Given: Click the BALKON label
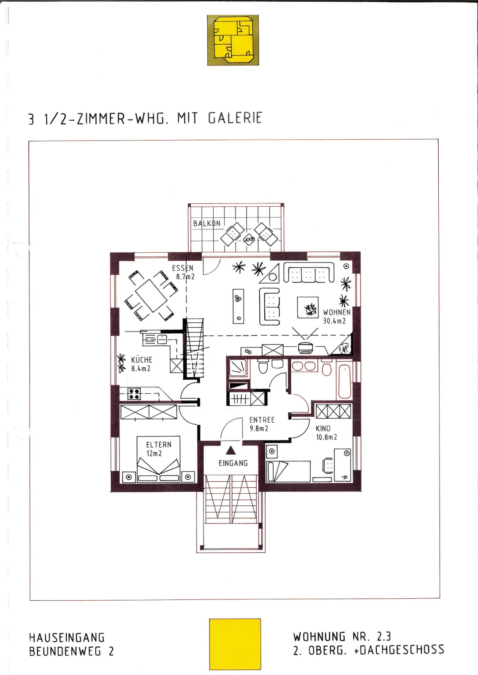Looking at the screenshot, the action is click(x=206, y=224).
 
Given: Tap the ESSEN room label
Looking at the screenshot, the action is click(x=183, y=268).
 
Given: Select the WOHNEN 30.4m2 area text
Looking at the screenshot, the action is click(x=336, y=316).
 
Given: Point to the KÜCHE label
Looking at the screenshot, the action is click(x=141, y=360).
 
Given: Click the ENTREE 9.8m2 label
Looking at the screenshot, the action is click(x=262, y=424).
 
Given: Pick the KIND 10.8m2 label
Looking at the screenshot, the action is click(x=326, y=433).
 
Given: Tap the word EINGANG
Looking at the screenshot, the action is click(x=233, y=463).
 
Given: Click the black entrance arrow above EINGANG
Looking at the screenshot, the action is click(x=231, y=450).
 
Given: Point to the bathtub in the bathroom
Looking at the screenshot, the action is click(x=345, y=381).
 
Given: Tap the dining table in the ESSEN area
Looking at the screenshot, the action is click(x=151, y=296).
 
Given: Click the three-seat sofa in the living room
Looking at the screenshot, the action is click(x=309, y=272).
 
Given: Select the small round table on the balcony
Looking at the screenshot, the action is click(x=249, y=240).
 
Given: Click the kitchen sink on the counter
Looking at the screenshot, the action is click(x=162, y=339).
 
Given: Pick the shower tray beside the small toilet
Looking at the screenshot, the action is click(x=238, y=367).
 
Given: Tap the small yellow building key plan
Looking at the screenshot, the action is click(x=233, y=40).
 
